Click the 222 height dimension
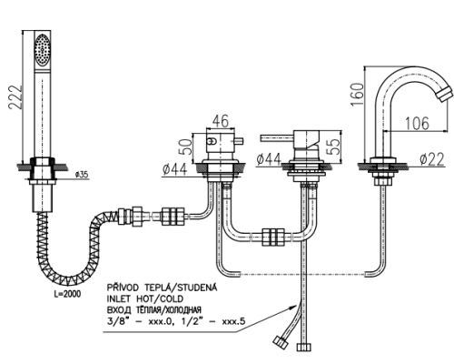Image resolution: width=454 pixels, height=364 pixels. coord(15,97)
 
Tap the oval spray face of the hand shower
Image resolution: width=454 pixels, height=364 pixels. coord(42,49)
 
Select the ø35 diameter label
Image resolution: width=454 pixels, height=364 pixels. coord(82,175)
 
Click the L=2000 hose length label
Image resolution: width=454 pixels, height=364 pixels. coord(68,294)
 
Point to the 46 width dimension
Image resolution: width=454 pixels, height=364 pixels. coord(220,121)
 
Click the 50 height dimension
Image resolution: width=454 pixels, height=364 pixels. coord(185,147)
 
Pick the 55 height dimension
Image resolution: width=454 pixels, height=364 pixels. coord(334,147)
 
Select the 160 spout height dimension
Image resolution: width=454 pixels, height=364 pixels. coord(357,95)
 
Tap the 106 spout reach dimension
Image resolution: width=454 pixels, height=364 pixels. coord(417,123)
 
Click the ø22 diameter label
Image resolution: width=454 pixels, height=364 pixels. coord(432,159)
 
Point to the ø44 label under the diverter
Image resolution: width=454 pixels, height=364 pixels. coord(174,169)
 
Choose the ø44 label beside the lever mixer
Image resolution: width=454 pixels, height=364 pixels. coord(269,159)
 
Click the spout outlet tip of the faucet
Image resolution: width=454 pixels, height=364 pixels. coord(445,94)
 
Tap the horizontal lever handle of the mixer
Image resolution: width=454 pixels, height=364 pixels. coord(277,138)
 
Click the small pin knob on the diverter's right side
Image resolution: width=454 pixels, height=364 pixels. coord(239,141)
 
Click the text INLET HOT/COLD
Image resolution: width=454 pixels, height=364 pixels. coord(145,298)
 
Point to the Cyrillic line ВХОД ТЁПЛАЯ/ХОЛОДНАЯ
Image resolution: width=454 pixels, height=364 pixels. coord(154,309)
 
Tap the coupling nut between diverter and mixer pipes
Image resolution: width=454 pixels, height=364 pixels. coord(273,237)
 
